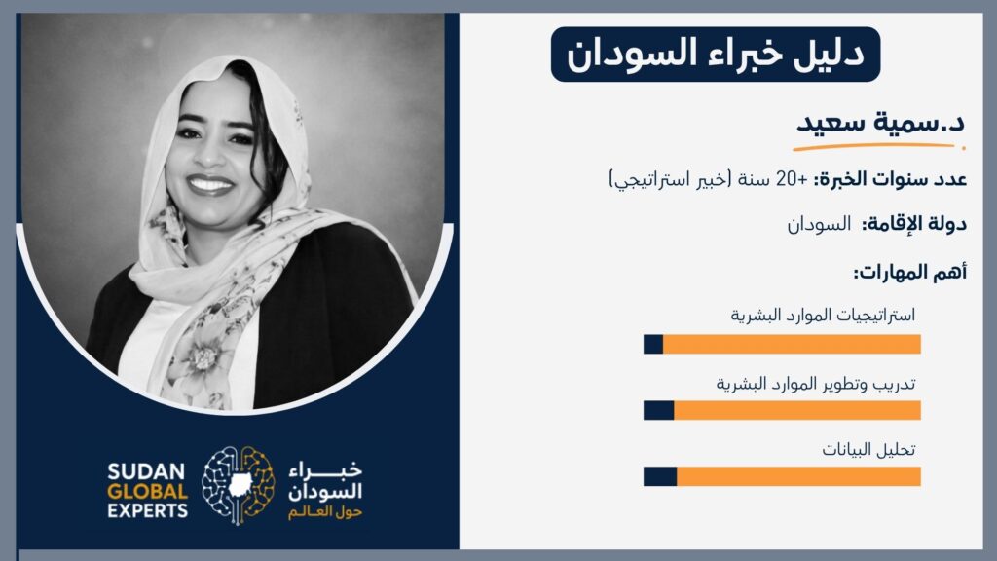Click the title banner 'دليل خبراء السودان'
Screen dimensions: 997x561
click(716, 55)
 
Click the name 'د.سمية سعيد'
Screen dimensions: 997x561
click(880, 122)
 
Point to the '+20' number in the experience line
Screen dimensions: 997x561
click(792, 179)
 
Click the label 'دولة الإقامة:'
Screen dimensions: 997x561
click(914, 224)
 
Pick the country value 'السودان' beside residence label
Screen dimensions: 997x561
click(819, 224)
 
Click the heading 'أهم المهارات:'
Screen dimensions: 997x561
click(910, 273)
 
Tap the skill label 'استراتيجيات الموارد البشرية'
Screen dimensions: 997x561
click(823, 315)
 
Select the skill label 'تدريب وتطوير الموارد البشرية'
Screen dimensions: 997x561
click(816, 384)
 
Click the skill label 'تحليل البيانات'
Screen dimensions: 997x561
click(868, 450)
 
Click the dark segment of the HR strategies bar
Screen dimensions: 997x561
click(653, 344)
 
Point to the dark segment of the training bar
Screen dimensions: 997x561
click(659, 410)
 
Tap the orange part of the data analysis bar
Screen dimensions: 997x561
click(798, 476)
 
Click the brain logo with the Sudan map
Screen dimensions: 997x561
click(239, 485)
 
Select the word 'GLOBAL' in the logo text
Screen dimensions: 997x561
click(148, 492)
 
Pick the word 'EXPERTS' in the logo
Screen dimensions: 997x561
click(148, 510)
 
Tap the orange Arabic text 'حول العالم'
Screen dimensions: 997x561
click(325, 512)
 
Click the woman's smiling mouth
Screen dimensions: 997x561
click(210, 184)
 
